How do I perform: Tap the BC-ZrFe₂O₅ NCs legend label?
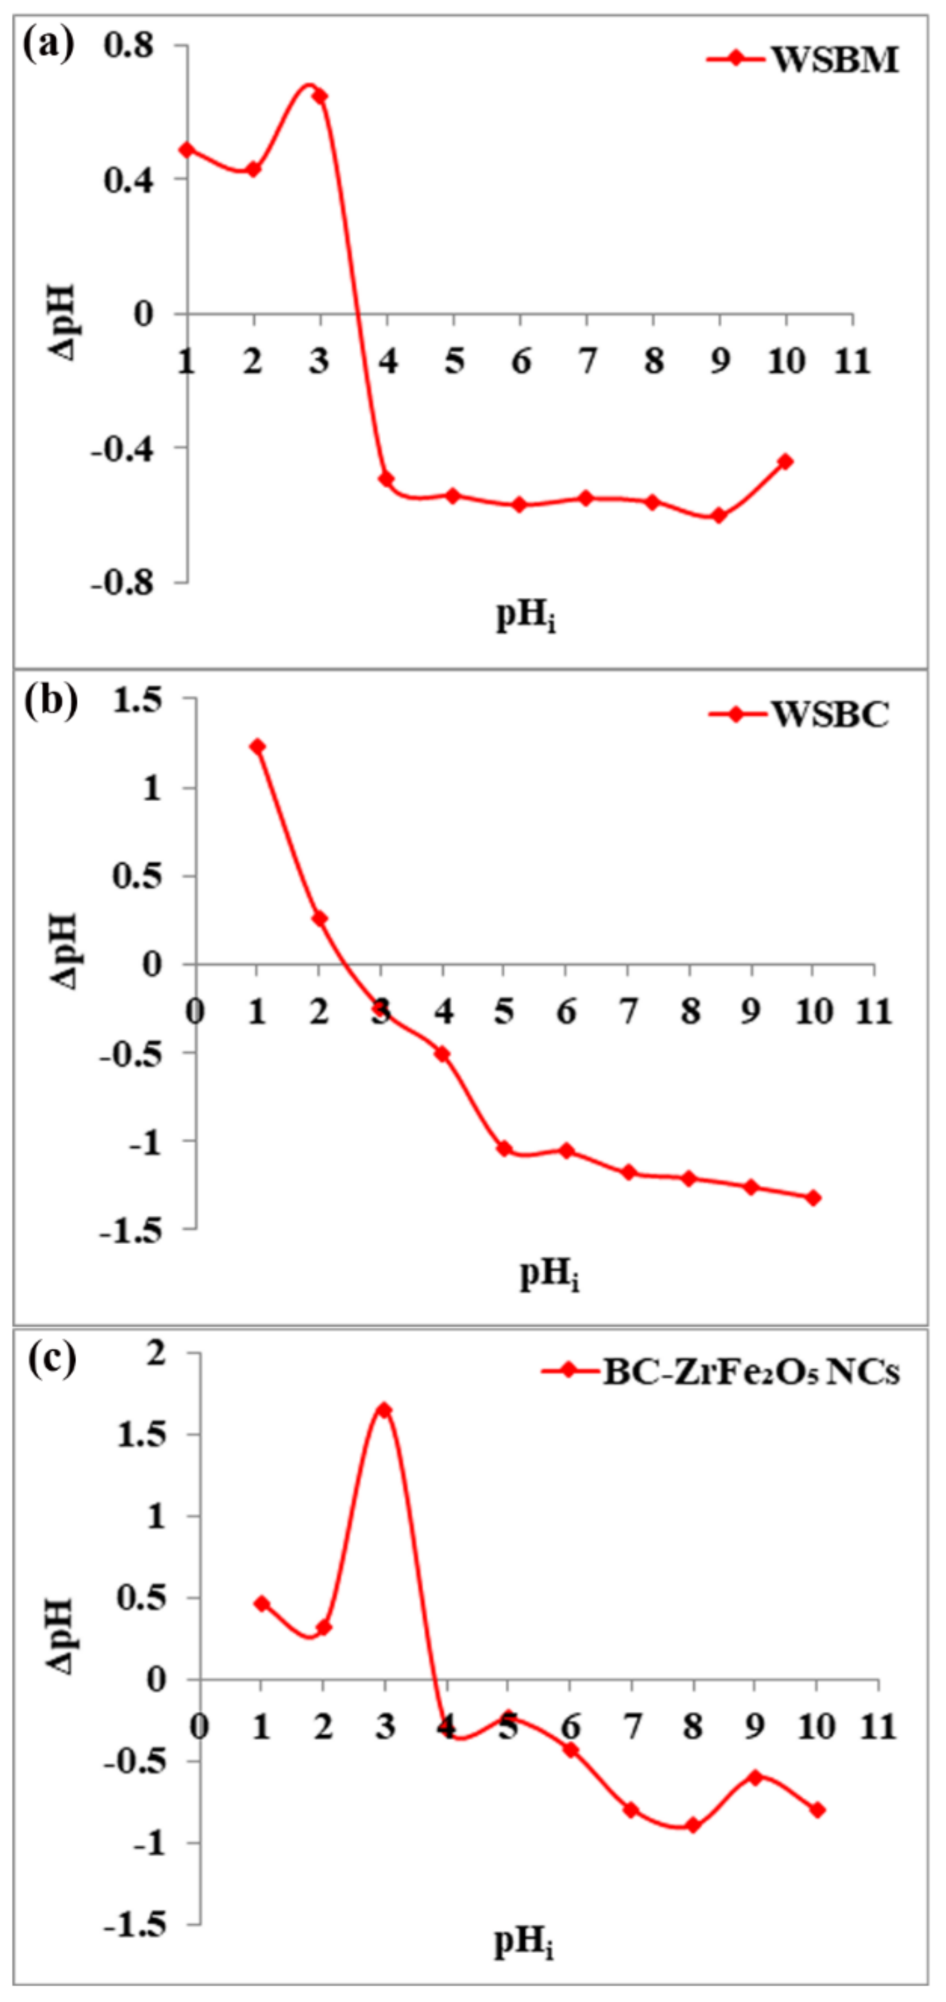(x=751, y=1372)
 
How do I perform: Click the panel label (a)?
(x=48, y=44)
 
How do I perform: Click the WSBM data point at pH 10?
(x=786, y=462)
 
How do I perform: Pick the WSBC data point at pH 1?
(x=257, y=747)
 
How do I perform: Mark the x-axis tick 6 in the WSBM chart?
(x=521, y=361)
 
